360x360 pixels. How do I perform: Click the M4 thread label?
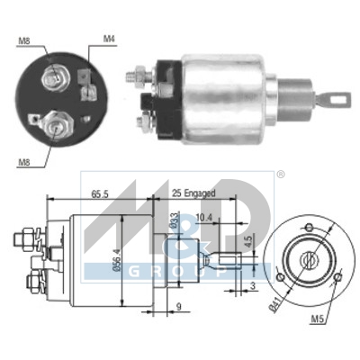point(110,38)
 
